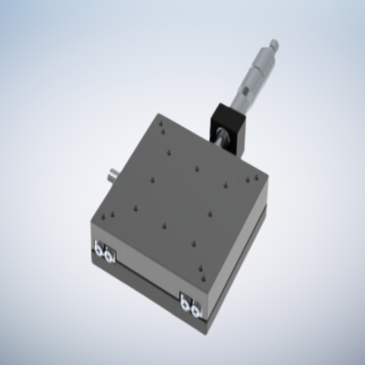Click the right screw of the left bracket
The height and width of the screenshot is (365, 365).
pos(110,254)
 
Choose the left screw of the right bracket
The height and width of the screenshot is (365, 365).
pos(185,304)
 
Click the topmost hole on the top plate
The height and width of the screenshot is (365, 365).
pos(161,124)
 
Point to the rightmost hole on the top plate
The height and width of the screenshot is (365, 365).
pos(254,178)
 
